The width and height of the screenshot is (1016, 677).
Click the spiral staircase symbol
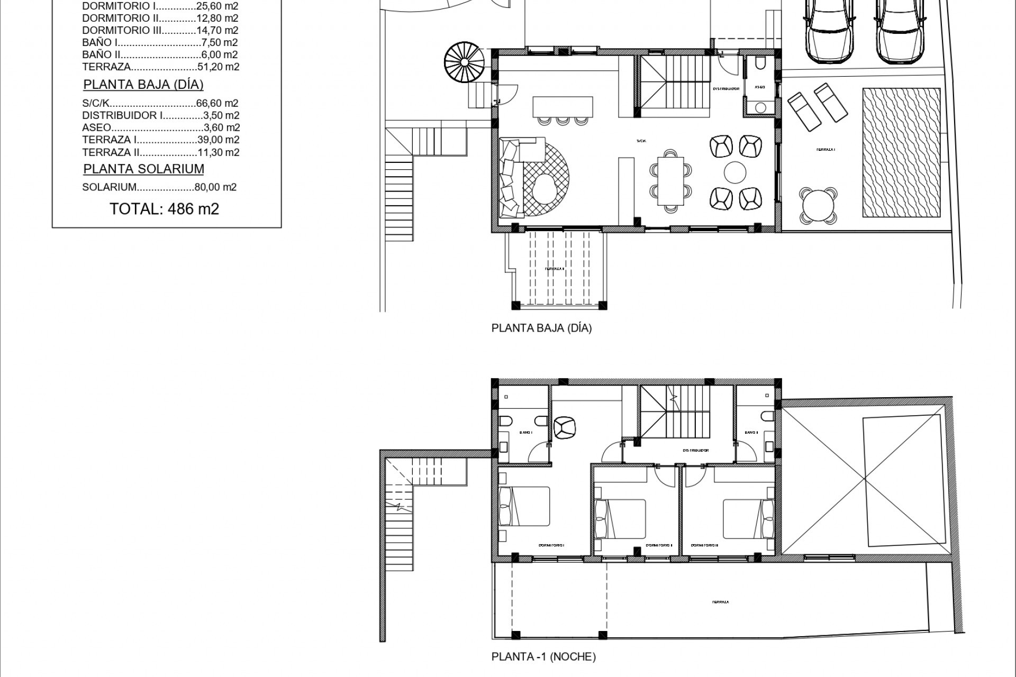464,62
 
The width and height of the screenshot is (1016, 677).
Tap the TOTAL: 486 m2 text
164,209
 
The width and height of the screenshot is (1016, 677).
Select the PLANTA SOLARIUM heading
143,169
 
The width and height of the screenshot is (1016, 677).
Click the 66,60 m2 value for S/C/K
221,103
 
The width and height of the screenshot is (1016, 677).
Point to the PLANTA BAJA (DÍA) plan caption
541,328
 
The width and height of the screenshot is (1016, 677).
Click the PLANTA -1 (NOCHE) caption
543,657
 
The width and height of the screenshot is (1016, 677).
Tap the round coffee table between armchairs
735,172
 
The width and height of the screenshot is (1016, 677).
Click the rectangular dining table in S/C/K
670,181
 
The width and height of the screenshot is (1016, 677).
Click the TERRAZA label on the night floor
721,602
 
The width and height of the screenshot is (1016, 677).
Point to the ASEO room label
759,87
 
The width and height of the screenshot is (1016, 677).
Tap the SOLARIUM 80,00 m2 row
159,187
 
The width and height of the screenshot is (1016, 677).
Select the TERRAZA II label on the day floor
555,269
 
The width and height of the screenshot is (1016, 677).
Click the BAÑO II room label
751,432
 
